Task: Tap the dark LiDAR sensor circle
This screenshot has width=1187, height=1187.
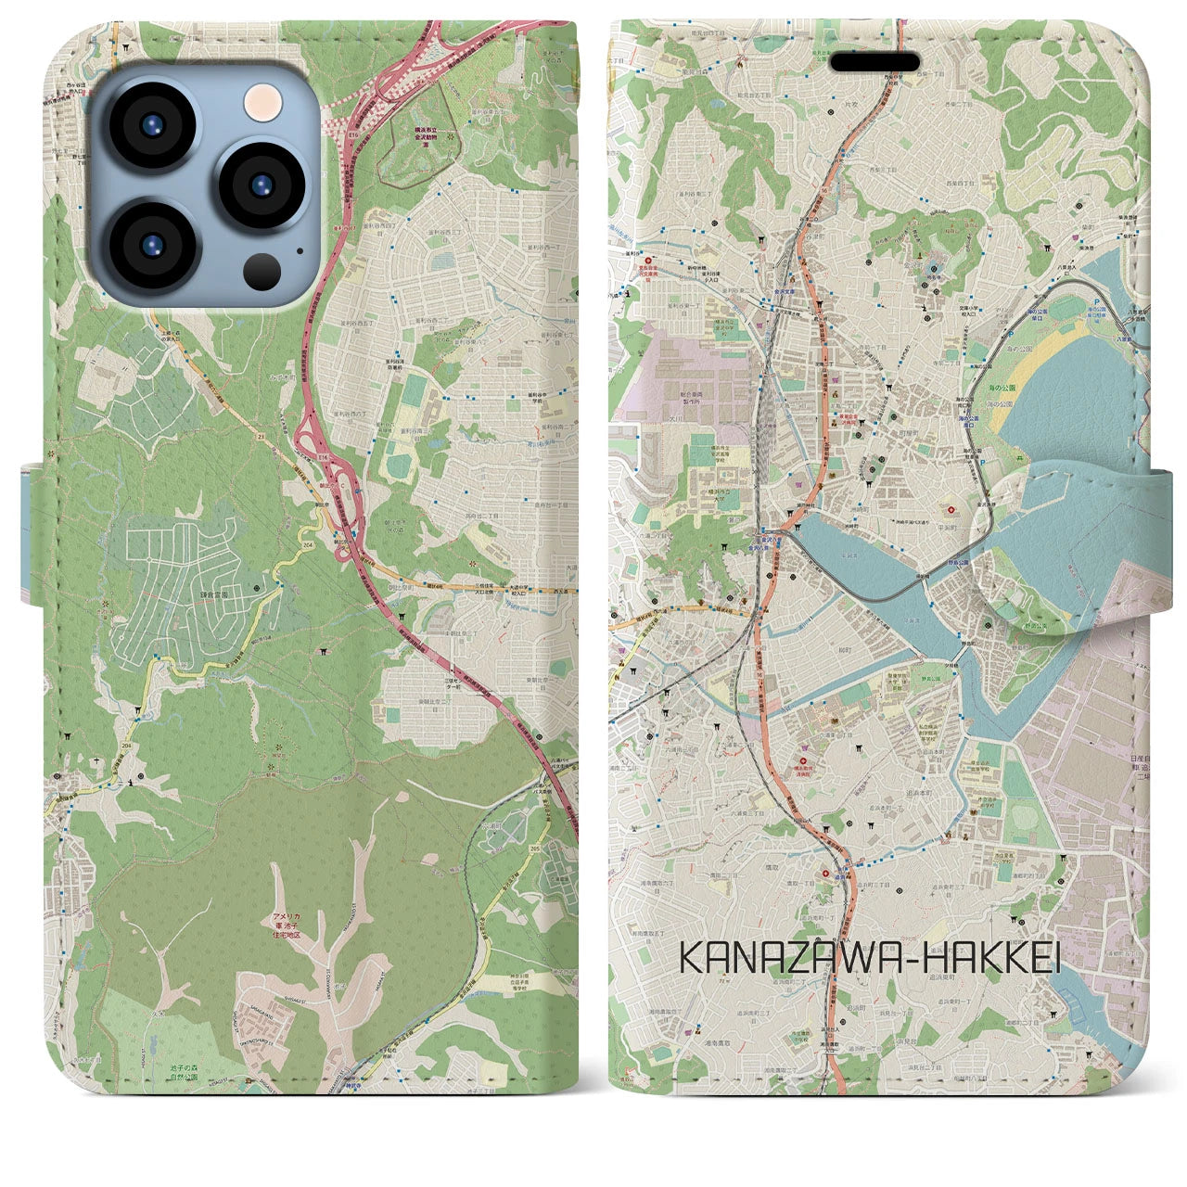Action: (x=262, y=271)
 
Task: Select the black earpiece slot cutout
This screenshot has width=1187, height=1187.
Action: (x=874, y=62)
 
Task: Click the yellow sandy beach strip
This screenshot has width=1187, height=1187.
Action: (x=1020, y=372)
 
